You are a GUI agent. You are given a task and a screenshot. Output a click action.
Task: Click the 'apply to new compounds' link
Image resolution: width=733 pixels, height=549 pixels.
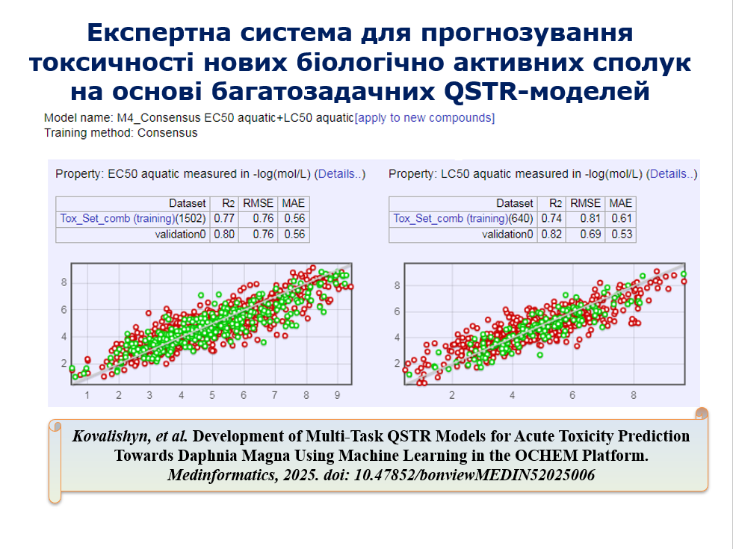pos(424,118)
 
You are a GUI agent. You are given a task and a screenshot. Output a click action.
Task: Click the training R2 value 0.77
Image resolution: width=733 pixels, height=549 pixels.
pos(224,218)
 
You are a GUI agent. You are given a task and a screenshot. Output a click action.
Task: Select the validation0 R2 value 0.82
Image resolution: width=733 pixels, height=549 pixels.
pos(551,234)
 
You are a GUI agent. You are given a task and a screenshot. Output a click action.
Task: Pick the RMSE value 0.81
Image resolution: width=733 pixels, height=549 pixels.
pos(590,218)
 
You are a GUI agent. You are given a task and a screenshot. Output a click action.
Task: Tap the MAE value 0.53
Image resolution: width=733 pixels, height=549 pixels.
pos(622,234)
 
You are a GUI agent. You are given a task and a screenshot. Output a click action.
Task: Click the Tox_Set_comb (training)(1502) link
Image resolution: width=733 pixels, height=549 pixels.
pos(133,219)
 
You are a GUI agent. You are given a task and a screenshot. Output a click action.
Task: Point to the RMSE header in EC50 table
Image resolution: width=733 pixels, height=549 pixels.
pos(258,203)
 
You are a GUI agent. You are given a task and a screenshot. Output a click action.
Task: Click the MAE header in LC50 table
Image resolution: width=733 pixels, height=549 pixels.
pos(621,203)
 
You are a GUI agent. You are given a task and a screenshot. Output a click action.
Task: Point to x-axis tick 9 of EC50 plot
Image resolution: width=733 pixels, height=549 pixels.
pos(337,395)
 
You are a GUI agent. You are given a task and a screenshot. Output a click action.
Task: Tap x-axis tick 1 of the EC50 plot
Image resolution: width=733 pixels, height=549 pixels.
pos(87,395)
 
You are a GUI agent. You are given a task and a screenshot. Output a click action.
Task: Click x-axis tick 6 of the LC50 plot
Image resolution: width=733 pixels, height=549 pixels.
pos(572,395)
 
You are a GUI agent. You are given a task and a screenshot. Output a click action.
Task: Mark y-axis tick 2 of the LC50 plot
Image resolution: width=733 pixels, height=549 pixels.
pos(398,363)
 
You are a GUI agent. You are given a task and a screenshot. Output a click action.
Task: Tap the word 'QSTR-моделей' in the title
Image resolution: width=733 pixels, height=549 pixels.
pos(547,91)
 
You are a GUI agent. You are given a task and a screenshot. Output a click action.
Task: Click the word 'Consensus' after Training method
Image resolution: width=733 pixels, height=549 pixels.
pos(167,133)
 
